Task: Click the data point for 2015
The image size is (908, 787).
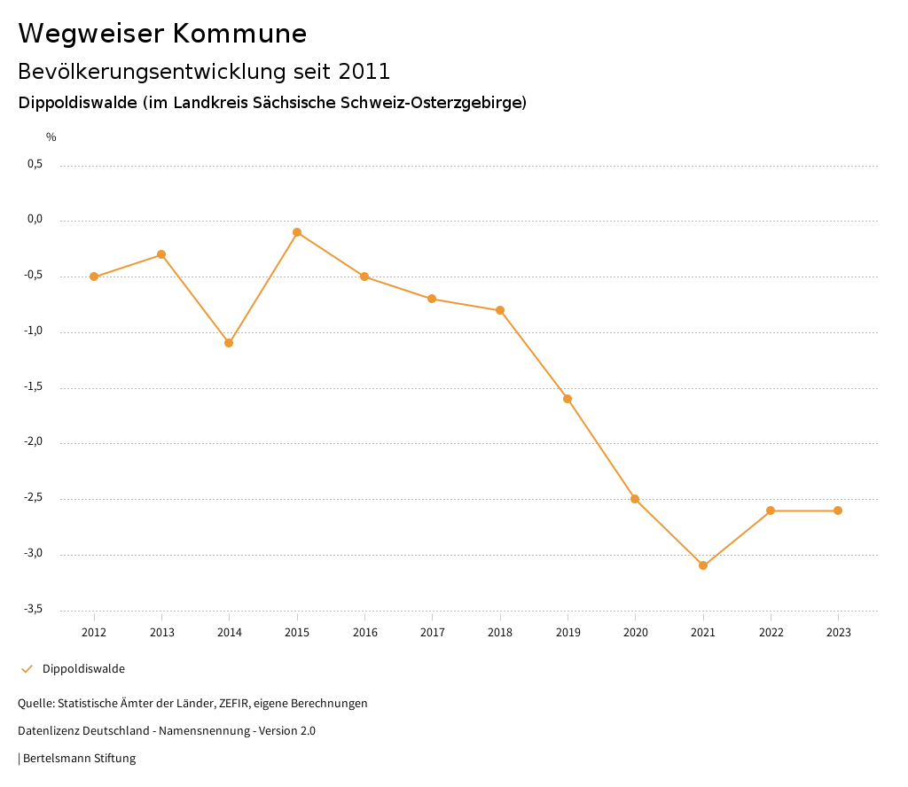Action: tap(297, 232)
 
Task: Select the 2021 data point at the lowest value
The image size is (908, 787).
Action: tap(703, 565)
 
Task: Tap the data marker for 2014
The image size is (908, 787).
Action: tap(229, 343)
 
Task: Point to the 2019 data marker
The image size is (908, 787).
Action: tap(567, 399)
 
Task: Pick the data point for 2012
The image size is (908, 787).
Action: tap(94, 277)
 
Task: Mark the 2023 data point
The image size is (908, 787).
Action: tap(838, 510)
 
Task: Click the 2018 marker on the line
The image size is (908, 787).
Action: tap(500, 310)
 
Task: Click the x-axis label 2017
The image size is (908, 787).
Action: tap(433, 633)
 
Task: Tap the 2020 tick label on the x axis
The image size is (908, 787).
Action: tap(636, 633)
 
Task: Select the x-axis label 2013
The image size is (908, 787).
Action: tap(161, 633)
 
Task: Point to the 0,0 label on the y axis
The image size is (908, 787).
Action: tap(35, 220)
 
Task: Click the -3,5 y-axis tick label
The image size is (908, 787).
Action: tap(33, 610)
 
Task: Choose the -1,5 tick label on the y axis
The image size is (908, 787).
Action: tap(33, 387)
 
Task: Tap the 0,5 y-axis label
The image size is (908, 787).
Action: tap(35, 164)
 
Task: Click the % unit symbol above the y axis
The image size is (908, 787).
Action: tap(51, 137)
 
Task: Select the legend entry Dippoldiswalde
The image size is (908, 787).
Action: tap(83, 669)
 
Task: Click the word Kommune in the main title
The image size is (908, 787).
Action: tap(239, 34)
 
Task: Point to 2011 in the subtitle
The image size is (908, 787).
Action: tap(364, 71)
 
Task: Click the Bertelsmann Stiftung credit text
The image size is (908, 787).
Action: tap(79, 759)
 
